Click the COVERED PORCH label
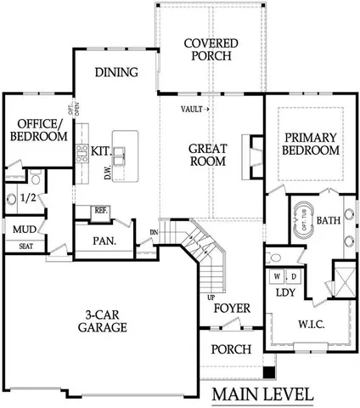click(210, 50)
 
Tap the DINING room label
click(116, 72)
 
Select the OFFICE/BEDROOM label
click(38, 130)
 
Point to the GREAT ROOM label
click(207, 154)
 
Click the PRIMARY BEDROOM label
click(312, 144)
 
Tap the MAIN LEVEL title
click(262, 394)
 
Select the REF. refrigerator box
click(101, 210)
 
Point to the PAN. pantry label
click(104, 241)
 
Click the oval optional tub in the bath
click(303, 219)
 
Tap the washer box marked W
click(277, 276)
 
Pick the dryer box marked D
click(293, 276)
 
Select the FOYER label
click(230, 307)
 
